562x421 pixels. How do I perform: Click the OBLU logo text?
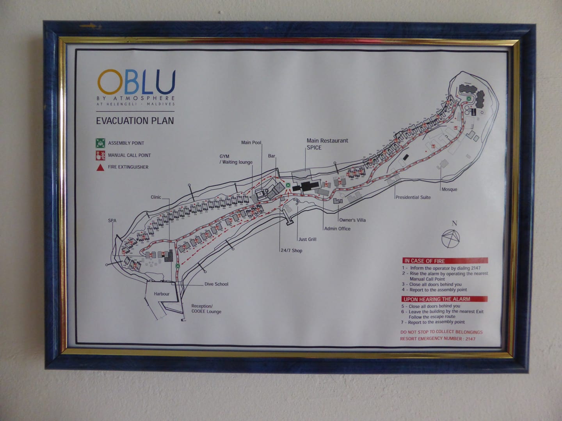136,81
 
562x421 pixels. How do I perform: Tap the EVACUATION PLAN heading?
135,120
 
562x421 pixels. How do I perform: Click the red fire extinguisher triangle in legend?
100,167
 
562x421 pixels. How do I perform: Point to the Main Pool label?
251,143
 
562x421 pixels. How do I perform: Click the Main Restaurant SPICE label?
327,144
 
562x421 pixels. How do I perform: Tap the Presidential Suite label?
413,197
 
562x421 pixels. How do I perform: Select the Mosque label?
449,189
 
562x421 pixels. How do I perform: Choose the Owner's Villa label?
352,220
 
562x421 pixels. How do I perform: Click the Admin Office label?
337,228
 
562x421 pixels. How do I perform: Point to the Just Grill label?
307,239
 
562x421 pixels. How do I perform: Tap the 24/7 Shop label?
291,251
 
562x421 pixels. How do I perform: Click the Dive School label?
216,284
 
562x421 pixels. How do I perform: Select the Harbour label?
162,294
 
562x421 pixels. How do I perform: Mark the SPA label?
112,221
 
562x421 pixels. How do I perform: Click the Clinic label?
156,197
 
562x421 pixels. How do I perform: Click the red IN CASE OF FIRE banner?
445,261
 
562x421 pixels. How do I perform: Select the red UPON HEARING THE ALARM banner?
445,299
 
